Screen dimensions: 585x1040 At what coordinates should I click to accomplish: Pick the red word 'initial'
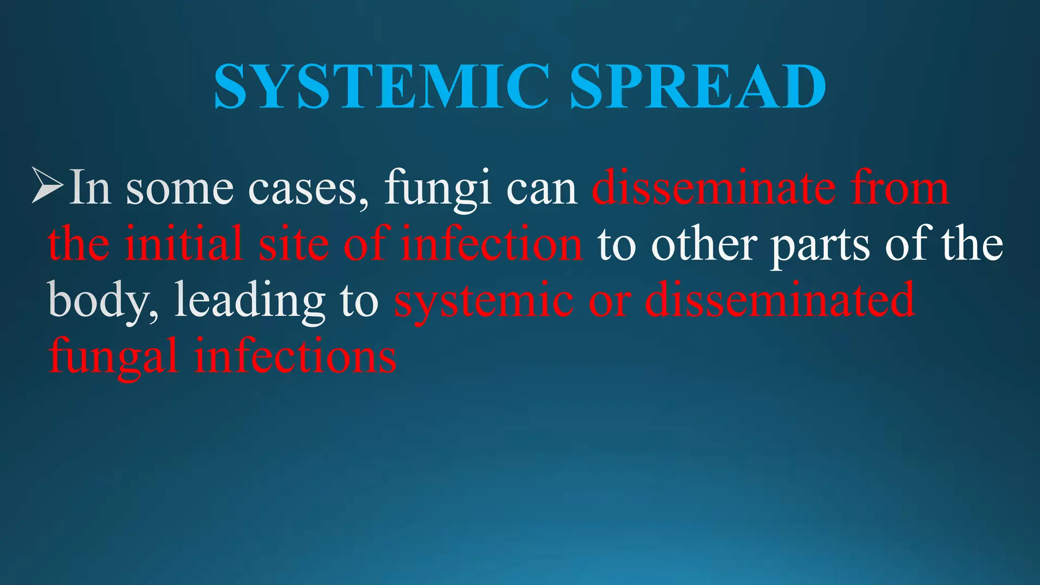coord(183,244)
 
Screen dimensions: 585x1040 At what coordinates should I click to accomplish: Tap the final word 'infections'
coord(295,355)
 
